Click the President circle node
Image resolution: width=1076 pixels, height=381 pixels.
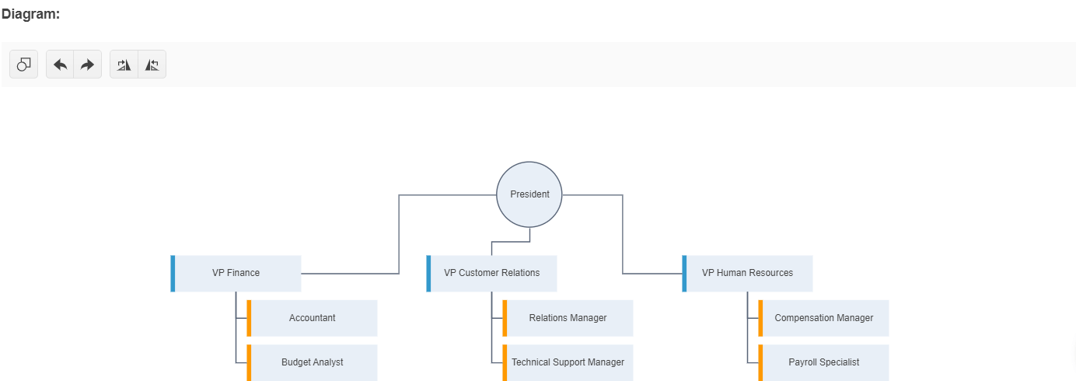[529, 194]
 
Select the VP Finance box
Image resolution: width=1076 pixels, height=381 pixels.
[236, 274]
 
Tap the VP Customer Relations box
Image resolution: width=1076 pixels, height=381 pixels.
[492, 274]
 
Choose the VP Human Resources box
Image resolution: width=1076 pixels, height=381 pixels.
[748, 274]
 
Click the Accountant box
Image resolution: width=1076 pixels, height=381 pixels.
[313, 318]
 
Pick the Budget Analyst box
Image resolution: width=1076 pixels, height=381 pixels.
[313, 362]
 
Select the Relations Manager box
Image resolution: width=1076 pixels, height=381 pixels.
[568, 318]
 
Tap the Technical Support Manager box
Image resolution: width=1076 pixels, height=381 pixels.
[568, 362]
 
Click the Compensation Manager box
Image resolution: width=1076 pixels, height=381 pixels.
[824, 318]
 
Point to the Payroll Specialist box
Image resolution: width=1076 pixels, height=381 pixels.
[824, 362]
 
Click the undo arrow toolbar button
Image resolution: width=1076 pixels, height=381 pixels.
[60, 65]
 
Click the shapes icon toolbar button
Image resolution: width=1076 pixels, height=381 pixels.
[24, 65]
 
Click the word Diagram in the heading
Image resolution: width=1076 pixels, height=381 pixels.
[30, 14]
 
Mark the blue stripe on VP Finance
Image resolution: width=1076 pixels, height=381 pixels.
[173, 274]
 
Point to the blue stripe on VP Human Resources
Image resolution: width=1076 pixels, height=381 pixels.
[684, 274]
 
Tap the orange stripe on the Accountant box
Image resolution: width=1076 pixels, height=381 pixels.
[249, 318]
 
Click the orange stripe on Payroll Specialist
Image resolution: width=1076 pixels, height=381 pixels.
[760, 362]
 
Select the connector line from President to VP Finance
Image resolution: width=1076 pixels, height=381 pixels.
[399, 233]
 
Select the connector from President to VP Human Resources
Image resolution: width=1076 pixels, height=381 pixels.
[623, 233]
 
